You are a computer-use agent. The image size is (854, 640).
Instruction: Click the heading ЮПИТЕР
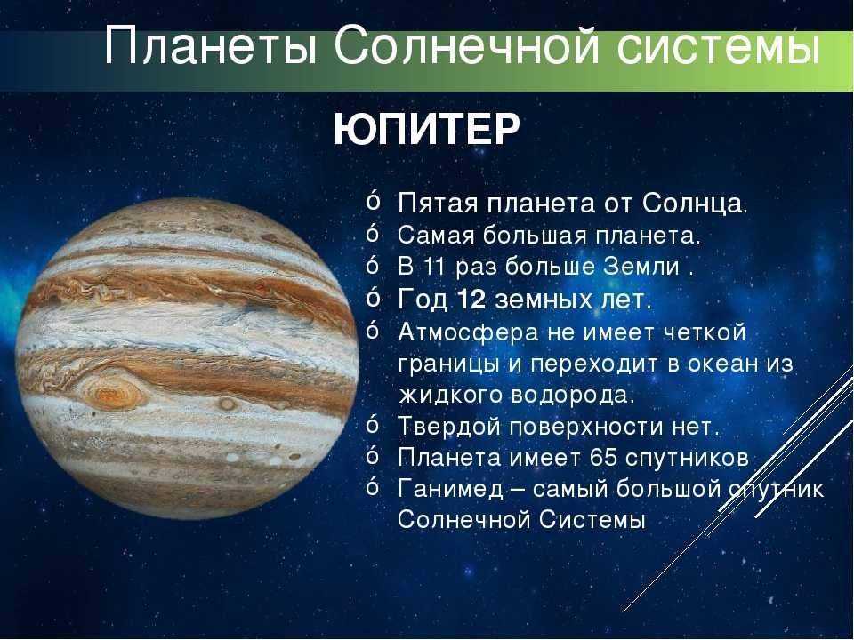pyautogui.click(x=427, y=130)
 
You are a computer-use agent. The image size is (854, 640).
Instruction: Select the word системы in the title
pyautogui.click(x=719, y=48)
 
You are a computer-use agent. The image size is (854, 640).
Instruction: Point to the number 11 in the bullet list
pyautogui.click(x=436, y=267)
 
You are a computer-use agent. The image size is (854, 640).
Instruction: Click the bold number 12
pyautogui.click(x=471, y=300)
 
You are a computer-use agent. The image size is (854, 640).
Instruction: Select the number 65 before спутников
pyautogui.click(x=603, y=457)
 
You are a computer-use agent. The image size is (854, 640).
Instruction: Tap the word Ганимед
pyautogui.click(x=450, y=488)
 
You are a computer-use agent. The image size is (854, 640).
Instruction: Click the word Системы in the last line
pyautogui.click(x=592, y=519)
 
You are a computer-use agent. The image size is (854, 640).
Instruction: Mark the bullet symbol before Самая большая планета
pyautogui.click(x=373, y=233)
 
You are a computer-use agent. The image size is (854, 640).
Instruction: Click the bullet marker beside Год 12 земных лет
pyautogui.click(x=373, y=297)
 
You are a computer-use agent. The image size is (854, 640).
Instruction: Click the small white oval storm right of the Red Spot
pyautogui.click(x=226, y=404)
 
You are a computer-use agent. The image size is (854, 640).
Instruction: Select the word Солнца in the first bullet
pyautogui.click(x=692, y=204)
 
